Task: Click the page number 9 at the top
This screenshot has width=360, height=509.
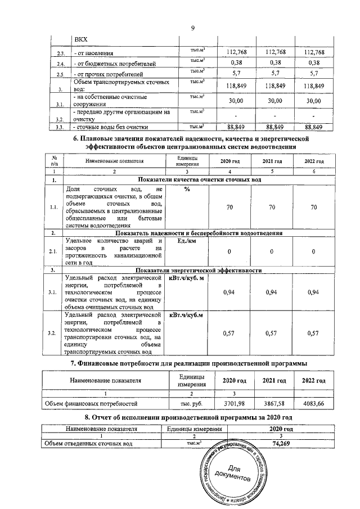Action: pos(192,29)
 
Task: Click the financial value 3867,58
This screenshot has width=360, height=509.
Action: pos(274,404)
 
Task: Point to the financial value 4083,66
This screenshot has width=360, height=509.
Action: pos(314,404)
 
